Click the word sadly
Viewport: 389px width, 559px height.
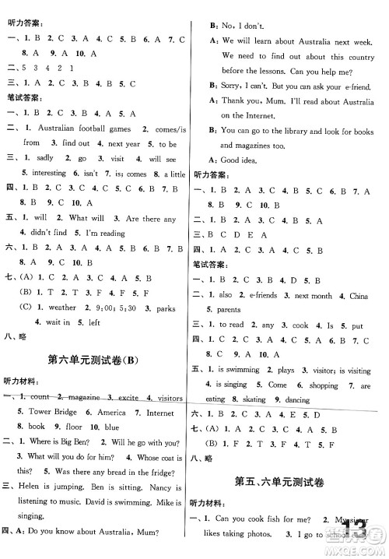(x=47, y=157)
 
